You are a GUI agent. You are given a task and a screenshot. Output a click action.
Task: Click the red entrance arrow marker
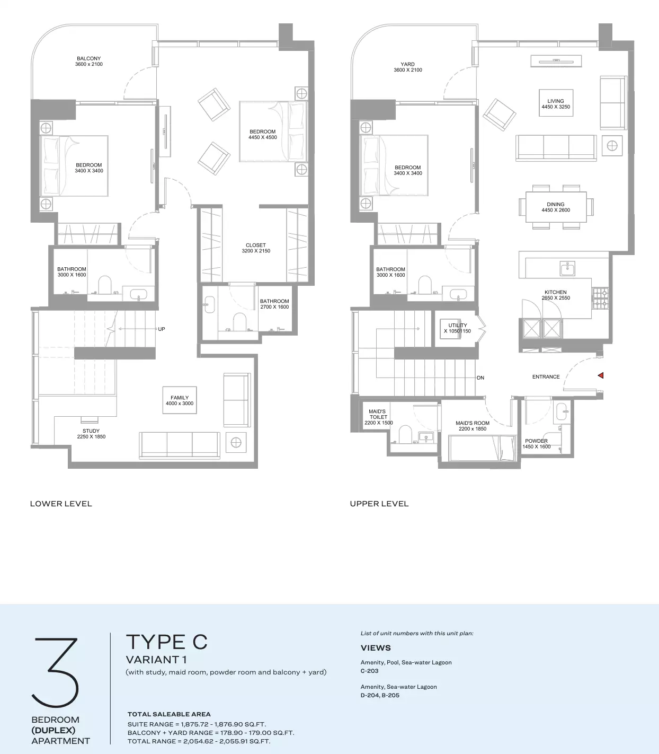601,375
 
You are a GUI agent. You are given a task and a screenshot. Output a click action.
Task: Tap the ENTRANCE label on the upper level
546,376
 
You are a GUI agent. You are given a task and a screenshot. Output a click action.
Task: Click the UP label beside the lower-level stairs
161,329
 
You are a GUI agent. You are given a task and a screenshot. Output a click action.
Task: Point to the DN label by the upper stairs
480,378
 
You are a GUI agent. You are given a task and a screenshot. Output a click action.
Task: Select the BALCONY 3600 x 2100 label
88,61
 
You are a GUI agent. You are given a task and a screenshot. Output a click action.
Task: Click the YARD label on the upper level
407,64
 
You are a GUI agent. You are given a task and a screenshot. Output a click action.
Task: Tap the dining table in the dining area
556,207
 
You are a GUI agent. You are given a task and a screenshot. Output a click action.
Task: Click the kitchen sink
567,269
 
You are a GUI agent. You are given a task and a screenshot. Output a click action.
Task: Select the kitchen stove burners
600,299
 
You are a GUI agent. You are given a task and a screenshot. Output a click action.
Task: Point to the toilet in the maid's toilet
405,434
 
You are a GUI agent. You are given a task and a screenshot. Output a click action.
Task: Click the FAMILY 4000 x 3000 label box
180,400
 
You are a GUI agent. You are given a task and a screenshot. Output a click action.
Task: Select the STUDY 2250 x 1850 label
91,434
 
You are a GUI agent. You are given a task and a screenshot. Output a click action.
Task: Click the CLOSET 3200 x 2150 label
256,248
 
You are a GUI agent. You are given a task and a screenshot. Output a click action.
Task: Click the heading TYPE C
167,642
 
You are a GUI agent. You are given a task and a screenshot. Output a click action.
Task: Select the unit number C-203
369,671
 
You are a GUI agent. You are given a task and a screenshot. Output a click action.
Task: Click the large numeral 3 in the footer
55,672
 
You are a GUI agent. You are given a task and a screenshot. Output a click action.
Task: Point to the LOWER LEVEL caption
61,504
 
